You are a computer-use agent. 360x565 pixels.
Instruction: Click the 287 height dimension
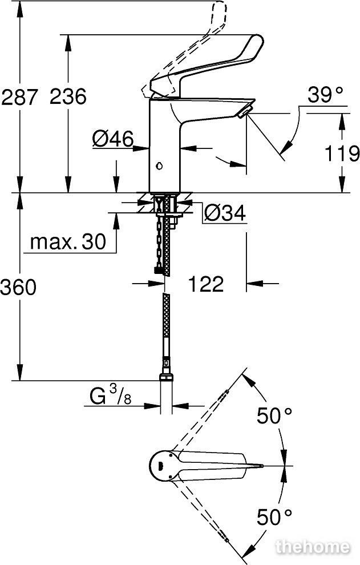(x=19, y=96)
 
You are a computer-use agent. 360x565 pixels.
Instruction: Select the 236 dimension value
(x=68, y=96)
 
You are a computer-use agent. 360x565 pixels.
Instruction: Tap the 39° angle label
(x=325, y=95)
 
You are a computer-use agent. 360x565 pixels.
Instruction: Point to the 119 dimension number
(x=342, y=154)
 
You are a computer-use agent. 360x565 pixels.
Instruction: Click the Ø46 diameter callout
(x=113, y=139)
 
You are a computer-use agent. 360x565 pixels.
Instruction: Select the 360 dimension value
(x=18, y=288)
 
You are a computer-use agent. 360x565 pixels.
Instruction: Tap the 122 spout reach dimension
(x=206, y=284)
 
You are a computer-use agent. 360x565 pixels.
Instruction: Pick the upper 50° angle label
(x=274, y=416)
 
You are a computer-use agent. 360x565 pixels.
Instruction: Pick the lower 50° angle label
(x=274, y=518)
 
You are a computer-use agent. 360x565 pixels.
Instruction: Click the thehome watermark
(x=313, y=547)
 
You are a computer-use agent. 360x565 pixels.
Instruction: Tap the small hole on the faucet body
(x=159, y=166)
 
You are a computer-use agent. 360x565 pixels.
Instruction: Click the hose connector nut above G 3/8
(x=166, y=377)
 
